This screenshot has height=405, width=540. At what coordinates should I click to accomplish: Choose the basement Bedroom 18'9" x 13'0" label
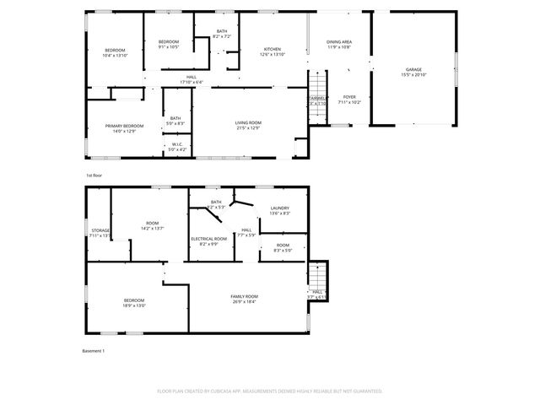pyautogui.click(x=134, y=303)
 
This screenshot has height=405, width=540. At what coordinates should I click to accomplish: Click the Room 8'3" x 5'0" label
pyautogui.click(x=282, y=247)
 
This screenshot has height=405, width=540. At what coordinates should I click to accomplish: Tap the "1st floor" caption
pyautogui.click(x=93, y=175)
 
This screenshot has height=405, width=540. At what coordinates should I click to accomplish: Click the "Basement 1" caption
pyautogui.click(x=93, y=350)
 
